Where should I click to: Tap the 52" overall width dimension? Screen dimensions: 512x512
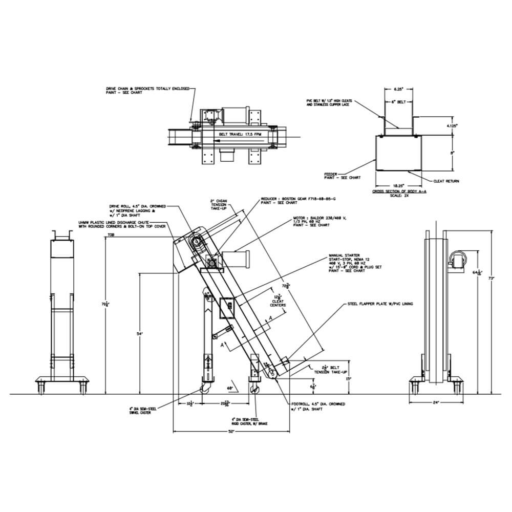pyautogui.click(x=231, y=432)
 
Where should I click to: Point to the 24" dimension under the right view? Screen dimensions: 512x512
pyautogui.click(x=436, y=402)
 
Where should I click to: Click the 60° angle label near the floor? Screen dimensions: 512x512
pyautogui.click(x=230, y=389)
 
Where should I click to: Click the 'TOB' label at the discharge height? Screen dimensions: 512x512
pyautogui.click(x=110, y=236)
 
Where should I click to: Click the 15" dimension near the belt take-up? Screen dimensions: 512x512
pyautogui.click(x=349, y=379)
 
